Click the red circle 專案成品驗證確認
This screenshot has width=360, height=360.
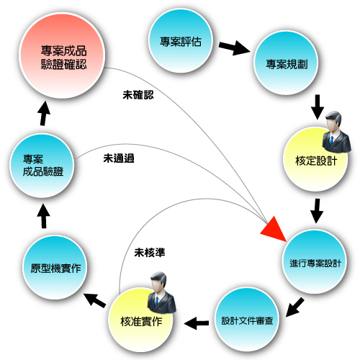click(x=62, y=55)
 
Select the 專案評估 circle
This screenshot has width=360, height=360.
click(x=181, y=40)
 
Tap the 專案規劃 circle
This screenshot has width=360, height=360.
click(x=286, y=63)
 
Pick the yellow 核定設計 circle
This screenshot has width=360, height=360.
click(x=315, y=159)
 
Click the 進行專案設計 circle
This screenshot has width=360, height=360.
click(x=315, y=261)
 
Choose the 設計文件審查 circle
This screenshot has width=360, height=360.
click(x=247, y=320)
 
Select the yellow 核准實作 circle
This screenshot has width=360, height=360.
click(x=140, y=320)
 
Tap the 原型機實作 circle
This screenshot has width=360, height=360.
click(x=55, y=267)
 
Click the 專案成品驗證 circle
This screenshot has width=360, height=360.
click(x=42, y=166)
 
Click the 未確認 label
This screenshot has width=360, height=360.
click(x=138, y=95)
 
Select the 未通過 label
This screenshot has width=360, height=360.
click(x=119, y=158)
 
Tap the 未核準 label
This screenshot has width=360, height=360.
click(x=150, y=253)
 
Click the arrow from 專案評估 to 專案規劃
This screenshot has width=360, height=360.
click(x=235, y=48)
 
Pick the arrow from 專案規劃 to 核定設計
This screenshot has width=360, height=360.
click(x=318, y=107)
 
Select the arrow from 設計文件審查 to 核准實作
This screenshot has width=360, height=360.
click(x=197, y=323)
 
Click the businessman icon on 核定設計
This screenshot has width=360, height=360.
click(x=336, y=132)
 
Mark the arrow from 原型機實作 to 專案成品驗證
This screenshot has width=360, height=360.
click(x=44, y=216)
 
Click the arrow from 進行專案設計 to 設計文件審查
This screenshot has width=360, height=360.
click(x=294, y=307)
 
